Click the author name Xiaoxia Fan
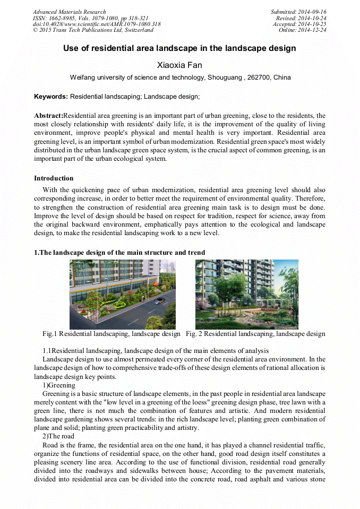coord(180,65)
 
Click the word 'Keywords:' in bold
coord(50,97)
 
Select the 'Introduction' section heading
coord(54,178)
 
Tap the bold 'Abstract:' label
coord(48,116)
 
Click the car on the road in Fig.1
coord(158,300)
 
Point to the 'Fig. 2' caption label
coord(194,334)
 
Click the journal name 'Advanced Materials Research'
coord(69,12)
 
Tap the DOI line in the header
coord(97,24)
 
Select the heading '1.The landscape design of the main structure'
coord(119,252)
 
